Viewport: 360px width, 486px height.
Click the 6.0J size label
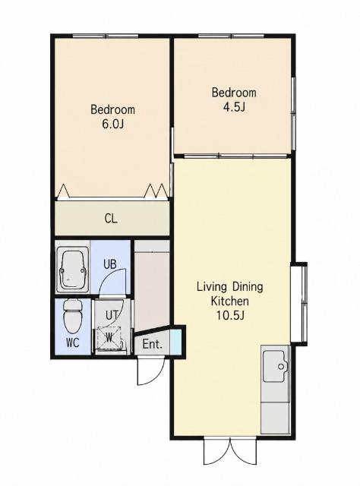pyautogui.click(x=112, y=125)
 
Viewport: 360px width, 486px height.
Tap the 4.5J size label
pyautogui.click(x=234, y=107)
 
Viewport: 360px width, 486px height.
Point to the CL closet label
pyautogui.click(x=111, y=219)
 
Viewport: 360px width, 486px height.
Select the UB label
pyautogui.click(x=110, y=264)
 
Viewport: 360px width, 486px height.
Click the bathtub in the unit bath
pyautogui.click(x=73, y=270)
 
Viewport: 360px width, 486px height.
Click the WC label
pyautogui.click(x=73, y=342)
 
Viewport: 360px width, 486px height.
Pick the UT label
pyautogui.click(x=112, y=316)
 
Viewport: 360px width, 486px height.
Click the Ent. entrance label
pyautogui.click(x=152, y=344)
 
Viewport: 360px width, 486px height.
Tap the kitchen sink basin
pyautogui.click(x=275, y=366)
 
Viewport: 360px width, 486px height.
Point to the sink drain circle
pyautogui.click(x=281, y=367)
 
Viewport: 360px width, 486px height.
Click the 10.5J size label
pyautogui.click(x=230, y=316)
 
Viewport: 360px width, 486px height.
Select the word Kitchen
pyautogui.click(x=230, y=301)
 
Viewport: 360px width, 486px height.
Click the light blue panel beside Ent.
pyautogui.click(x=175, y=342)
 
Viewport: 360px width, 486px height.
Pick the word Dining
pyautogui.click(x=248, y=287)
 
